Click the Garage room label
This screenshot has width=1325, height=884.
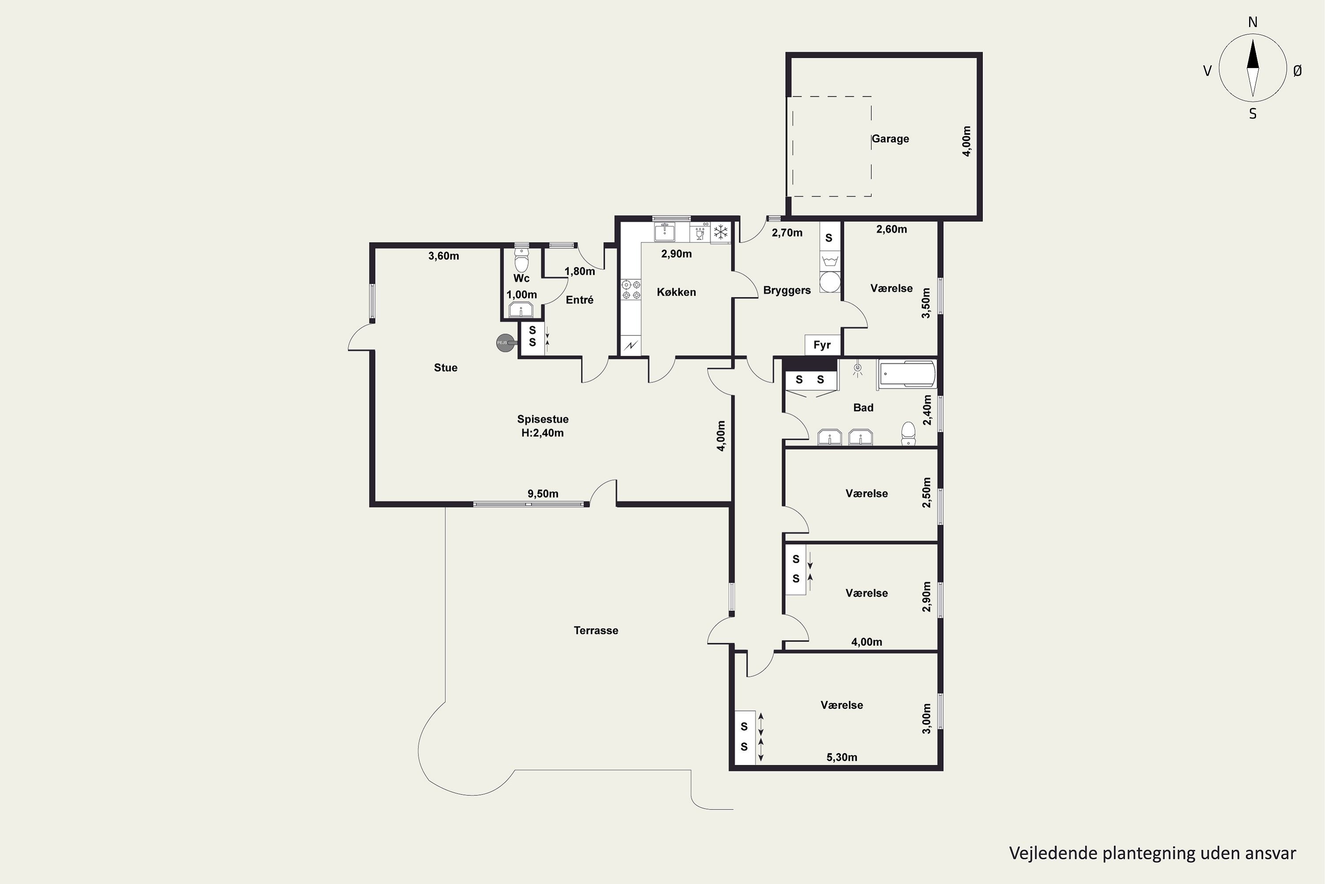(x=890, y=139)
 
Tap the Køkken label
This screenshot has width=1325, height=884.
(x=676, y=292)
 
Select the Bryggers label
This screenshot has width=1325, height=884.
(x=787, y=290)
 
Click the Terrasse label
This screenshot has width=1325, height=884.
(x=596, y=630)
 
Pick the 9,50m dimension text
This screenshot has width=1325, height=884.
(x=543, y=494)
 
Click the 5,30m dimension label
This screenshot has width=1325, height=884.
(x=842, y=757)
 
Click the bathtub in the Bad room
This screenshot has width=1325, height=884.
(x=906, y=374)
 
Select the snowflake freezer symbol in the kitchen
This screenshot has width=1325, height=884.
(x=720, y=232)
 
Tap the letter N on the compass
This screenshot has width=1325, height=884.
(x=1253, y=22)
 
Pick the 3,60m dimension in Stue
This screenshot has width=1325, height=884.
(x=443, y=256)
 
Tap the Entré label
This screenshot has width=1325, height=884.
(x=579, y=300)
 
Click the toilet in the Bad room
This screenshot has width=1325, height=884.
(x=908, y=433)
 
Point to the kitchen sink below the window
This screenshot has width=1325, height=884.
(x=665, y=232)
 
